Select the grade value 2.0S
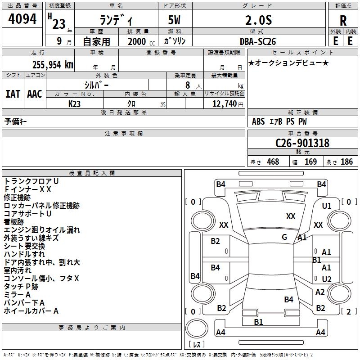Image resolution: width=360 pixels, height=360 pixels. tap(258, 20)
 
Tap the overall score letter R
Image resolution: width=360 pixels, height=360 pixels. tap(343, 21)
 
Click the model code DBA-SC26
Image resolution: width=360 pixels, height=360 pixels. tap(258, 41)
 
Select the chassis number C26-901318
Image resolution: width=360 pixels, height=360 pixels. tap(302, 143)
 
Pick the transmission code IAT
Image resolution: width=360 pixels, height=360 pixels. tap(13, 94)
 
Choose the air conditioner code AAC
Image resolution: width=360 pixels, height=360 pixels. tap(35, 94)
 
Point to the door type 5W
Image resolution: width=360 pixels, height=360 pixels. tap(175, 21)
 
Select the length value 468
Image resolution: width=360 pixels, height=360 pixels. tap(273, 162)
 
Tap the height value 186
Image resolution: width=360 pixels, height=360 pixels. tap(346, 162)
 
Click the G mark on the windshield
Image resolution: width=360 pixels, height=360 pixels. tap(284, 237)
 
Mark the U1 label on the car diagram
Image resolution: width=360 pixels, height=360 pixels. tap(327, 206)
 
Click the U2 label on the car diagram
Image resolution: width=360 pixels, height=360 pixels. tap(327, 279)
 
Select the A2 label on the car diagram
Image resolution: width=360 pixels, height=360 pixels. tap(320, 292)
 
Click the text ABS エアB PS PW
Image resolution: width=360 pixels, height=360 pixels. tap(280, 121)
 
